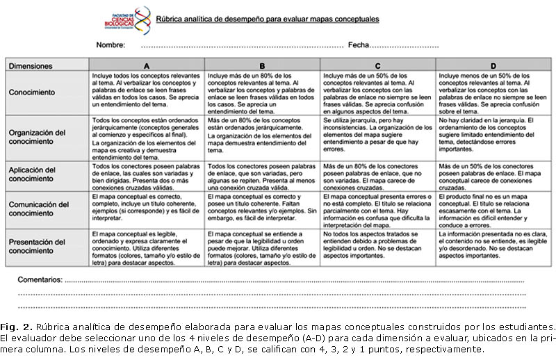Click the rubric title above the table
(268, 19)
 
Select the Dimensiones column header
(31, 66)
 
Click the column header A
(147, 66)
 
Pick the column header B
(262, 66)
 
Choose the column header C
(377, 66)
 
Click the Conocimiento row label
(34, 92)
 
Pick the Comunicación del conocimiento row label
(40, 209)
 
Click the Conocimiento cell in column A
(147, 92)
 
